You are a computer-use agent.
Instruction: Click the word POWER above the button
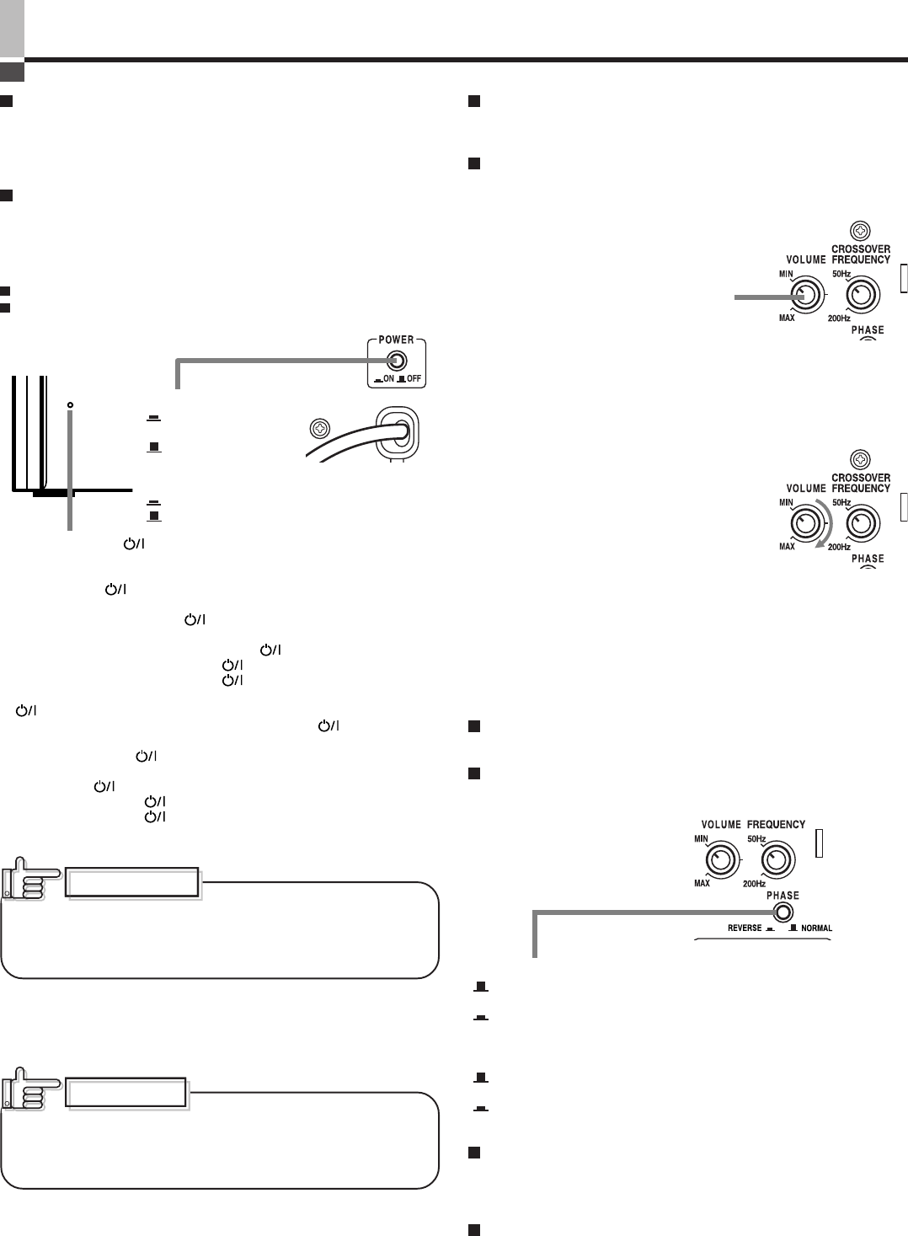pyautogui.click(x=396, y=340)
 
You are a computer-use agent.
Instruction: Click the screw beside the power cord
pyautogui.click(x=318, y=427)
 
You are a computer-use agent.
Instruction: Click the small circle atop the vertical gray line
pyautogui.click(x=70, y=405)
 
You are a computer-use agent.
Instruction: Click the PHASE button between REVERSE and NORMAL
pyautogui.click(x=782, y=912)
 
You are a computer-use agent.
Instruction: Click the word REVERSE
pyautogui.click(x=744, y=928)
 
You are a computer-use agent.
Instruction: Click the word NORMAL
pyautogui.click(x=816, y=928)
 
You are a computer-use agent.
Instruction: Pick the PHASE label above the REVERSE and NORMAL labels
pyautogui.click(x=782, y=896)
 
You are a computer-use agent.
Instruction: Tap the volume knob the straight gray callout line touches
pyautogui.click(x=804, y=296)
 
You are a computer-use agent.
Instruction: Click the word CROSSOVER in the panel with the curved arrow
pyautogui.click(x=860, y=478)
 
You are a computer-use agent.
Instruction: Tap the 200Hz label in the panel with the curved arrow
pyautogui.click(x=838, y=547)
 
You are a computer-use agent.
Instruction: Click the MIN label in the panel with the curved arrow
pyautogui.click(x=786, y=503)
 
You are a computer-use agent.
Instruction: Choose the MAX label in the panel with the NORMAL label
pyautogui.click(x=702, y=883)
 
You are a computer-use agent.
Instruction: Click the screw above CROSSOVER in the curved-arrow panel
pyautogui.click(x=859, y=460)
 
